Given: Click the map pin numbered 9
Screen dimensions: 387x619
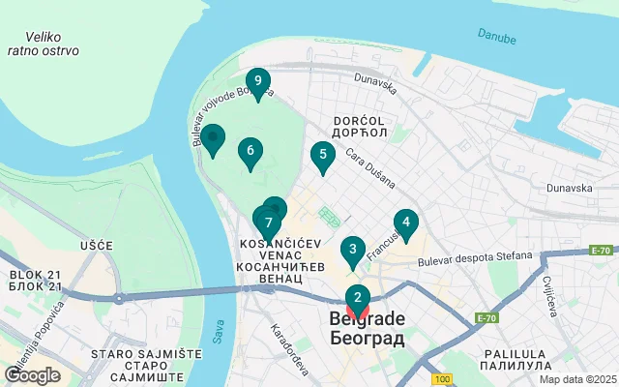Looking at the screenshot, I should coord(257,81).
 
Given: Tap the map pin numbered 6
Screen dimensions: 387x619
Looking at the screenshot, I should coord(251,151).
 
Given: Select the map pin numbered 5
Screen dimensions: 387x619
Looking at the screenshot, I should coord(322,155).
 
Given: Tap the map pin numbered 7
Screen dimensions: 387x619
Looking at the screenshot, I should coord(267,223).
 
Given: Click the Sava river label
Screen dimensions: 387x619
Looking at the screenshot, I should coord(219,333).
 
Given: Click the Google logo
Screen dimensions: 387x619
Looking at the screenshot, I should coord(32,375).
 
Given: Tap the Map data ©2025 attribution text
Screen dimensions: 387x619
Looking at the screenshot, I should coord(577,379).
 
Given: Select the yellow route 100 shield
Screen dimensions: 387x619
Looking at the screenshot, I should coord(442,378).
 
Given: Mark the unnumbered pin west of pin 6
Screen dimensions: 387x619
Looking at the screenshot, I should coord(212,139).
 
